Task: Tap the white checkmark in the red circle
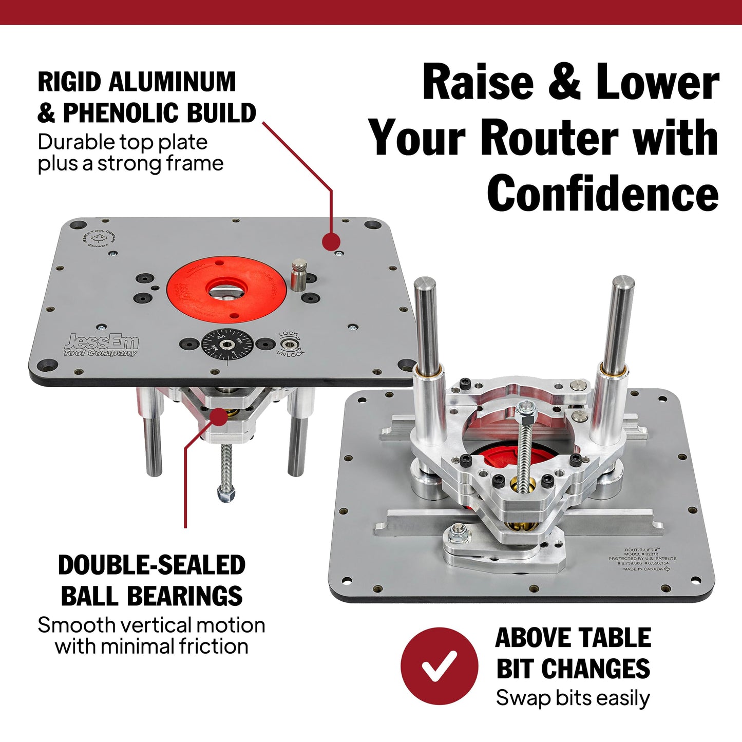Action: pos(439,666)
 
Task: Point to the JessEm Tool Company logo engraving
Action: pos(101,345)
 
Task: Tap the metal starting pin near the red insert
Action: pos(298,276)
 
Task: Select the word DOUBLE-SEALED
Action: pos(151,565)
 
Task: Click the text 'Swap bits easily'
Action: pos(573,698)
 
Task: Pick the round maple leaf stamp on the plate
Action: pos(99,238)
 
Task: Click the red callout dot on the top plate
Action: pos(332,241)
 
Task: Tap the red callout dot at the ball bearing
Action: pos(219,416)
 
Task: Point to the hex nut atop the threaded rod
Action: pos(526,409)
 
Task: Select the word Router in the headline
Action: pos(548,138)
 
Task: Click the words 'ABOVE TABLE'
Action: pos(573,638)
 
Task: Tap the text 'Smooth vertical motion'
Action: pos(151,625)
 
